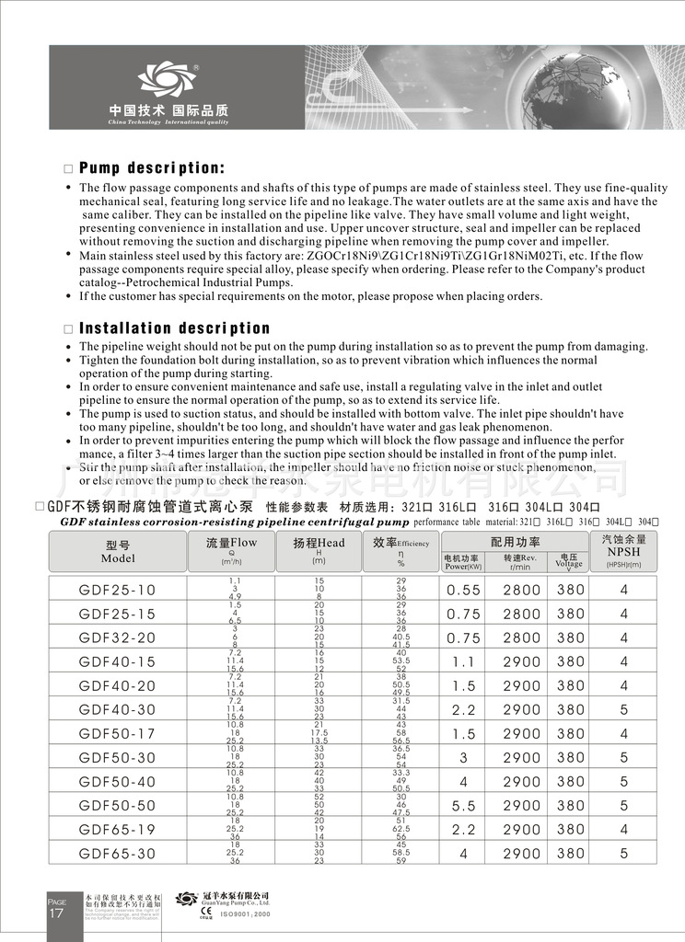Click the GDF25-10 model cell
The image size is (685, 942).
click(x=118, y=590)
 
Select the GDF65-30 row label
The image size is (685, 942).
click(x=118, y=853)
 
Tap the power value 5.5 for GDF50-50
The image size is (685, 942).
click(x=464, y=805)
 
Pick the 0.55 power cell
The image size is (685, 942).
click(x=464, y=590)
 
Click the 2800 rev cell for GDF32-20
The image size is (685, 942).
click(x=522, y=638)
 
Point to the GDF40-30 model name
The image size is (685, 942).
click(x=118, y=709)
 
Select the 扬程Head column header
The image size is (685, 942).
click(x=319, y=550)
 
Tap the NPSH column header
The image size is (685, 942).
click(x=623, y=550)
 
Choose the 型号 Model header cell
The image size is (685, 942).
click(x=118, y=551)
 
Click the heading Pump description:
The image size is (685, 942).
click(x=151, y=168)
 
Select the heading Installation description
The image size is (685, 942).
click(x=175, y=328)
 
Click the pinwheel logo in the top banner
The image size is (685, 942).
click(x=167, y=82)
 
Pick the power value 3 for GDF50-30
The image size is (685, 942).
click(x=464, y=757)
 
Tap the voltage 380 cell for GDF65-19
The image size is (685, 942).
click(x=571, y=829)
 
